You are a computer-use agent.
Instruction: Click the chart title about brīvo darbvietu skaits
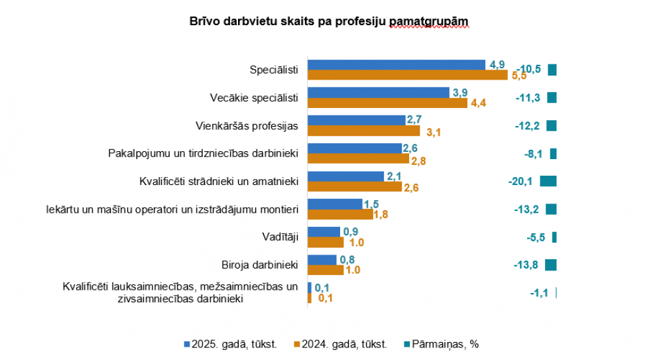click(x=329, y=22)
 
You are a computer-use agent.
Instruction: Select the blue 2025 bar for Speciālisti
click(x=396, y=64)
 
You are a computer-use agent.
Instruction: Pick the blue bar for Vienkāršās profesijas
click(x=357, y=120)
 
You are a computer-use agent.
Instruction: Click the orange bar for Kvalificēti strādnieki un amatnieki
click(x=355, y=187)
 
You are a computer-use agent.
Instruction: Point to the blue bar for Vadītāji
click(x=324, y=232)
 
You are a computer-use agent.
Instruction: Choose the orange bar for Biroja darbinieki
click(x=326, y=270)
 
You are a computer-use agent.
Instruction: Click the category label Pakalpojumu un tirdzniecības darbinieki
click(x=203, y=153)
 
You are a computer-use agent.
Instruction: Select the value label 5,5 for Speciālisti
click(x=518, y=76)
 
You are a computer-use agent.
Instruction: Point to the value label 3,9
click(x=459, y=92)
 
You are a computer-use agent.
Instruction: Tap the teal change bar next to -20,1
click(x=548, y=182)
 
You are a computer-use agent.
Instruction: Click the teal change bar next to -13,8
click(x=550, y=265)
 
